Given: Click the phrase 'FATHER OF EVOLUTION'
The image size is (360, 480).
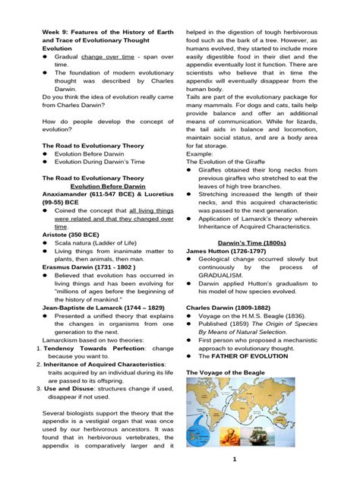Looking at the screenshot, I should [x=242, y=355].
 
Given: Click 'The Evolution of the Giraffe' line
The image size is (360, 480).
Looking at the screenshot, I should [x=232, y=161].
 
